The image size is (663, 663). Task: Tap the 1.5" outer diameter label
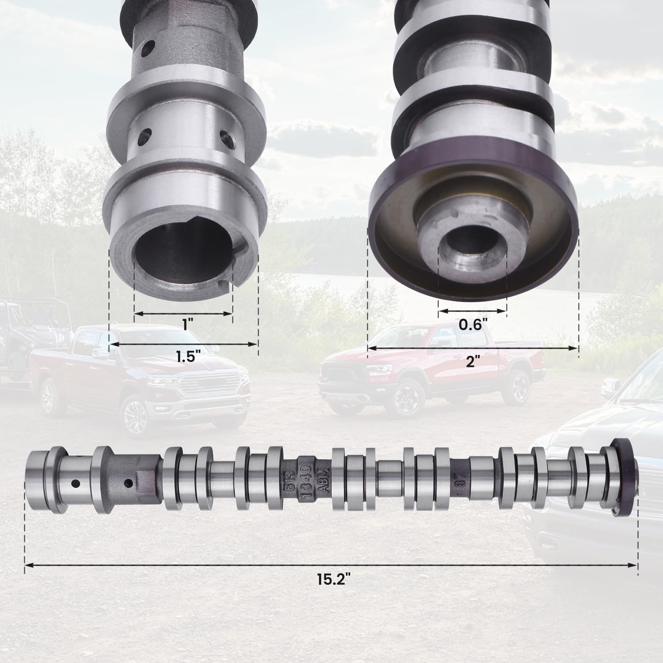click(185, 357)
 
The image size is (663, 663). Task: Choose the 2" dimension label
click(472, 362)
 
